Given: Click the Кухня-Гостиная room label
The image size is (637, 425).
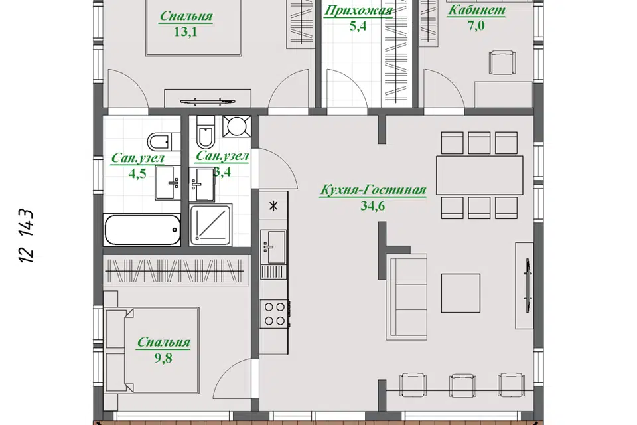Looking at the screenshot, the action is pyautogui.click(x=373, y=190).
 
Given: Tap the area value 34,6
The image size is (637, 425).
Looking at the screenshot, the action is pyautogui.click(x=372, y=206).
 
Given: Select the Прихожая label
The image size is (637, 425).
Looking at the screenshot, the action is pyautogui.click(x=358, y=11).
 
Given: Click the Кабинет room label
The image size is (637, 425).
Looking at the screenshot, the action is pyautogui.click(x=476, y=10).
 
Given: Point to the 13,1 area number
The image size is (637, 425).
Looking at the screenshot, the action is pyautogui.click(x=185, y=31).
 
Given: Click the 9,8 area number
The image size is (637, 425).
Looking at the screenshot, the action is pyautogui.click(x=163, y=358).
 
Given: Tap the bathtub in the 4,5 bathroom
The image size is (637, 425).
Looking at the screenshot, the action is pyautogui.click(x=143, y=230).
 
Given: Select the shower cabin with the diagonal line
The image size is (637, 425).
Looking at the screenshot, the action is pyautogui.click(x=211, y=224).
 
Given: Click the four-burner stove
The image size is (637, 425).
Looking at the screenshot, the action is pyautogui.click(x=275, y=314).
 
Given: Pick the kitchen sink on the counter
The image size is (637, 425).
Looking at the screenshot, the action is pyautogui.click(x=274, y=247).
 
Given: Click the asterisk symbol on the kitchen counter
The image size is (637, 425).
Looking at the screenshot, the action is pyautogui.click(x=274, y=206).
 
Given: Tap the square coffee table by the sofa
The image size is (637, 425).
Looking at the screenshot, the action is pyautogui.click(x=460, y=293).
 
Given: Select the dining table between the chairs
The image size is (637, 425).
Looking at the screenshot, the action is pyautogui.click(x=479, y=175).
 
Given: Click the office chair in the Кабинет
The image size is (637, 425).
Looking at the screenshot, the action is pyautogui.click(x=502, y=62).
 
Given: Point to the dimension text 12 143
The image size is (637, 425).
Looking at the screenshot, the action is pyautogui.click(x=26, y=236).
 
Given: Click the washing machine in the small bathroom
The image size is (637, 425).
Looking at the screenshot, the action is pyautogui.click(x=236, y=126).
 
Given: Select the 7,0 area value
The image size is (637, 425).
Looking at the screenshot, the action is pyautogui.click(x=476, y=26).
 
